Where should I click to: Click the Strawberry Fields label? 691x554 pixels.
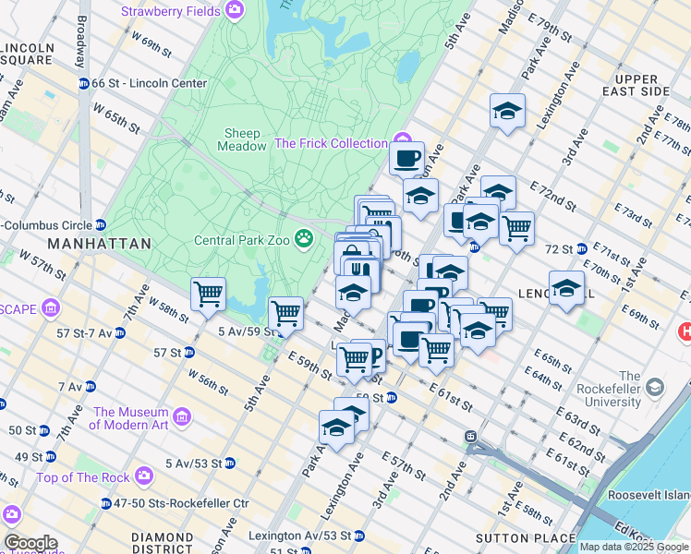tap(171, 11)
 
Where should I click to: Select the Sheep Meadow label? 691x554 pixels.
tap(239, 139)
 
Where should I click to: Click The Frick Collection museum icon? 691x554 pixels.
tap(398, 143)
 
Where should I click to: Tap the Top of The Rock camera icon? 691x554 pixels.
tap(143, 476)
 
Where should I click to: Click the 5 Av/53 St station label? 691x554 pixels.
tap(193, 463)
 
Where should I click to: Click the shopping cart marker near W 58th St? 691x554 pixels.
tap(209, 295)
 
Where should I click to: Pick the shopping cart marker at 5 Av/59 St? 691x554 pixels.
tap(286, 314)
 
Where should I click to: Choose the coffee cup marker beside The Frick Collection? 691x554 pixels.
tap(406, 158)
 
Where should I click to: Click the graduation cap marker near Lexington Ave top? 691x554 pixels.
tap(507, 111)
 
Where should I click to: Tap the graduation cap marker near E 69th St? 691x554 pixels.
tap(566, 287)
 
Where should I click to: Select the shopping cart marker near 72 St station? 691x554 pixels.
tap(516, 227)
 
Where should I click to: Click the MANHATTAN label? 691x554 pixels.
tap(99, 244)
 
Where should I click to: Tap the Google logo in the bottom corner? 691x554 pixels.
tap(30, 543)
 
